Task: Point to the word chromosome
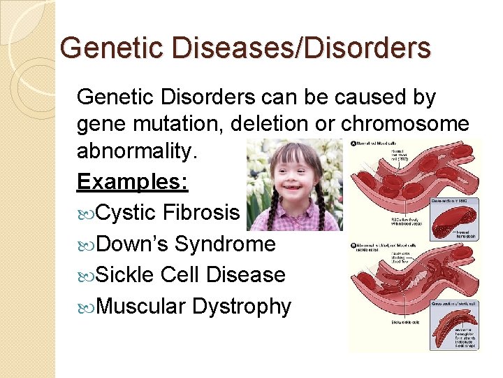(405, 123)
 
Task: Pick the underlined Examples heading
(132, 182)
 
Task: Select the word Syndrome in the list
(225, 244)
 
